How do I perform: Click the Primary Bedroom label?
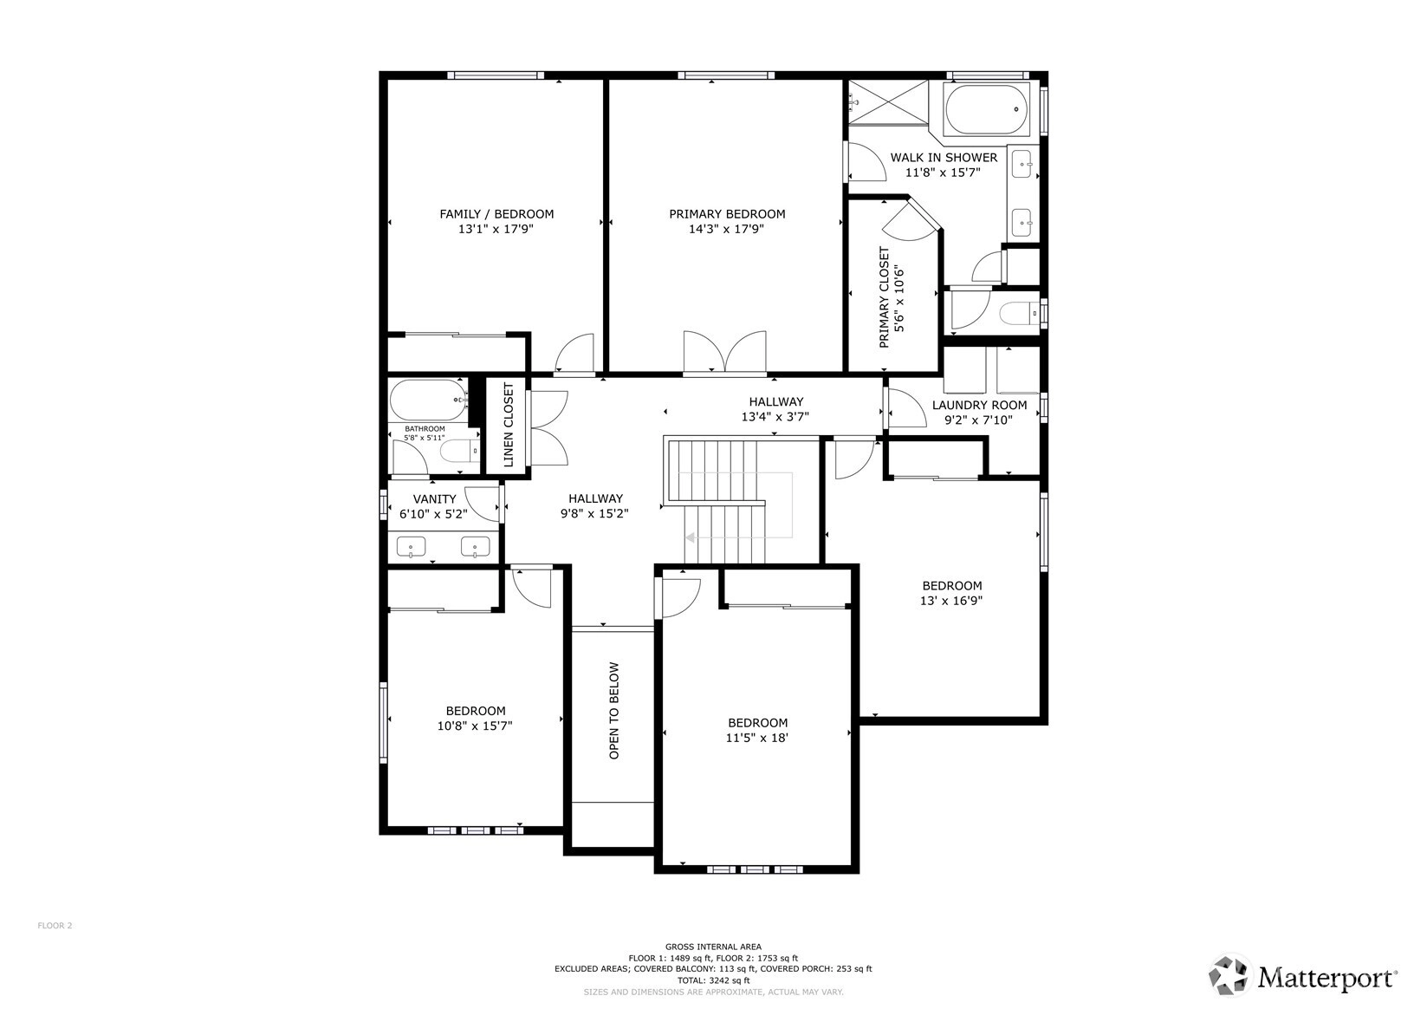point(727,214)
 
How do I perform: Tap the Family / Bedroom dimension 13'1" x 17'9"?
point(496,229)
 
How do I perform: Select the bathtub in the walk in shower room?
point(987,109)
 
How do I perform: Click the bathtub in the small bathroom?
point(428,400)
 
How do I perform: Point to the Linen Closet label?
point(509,425)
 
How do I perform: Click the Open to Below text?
point(614,711)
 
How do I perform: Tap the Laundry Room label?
point(979,405)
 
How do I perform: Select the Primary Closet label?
point(885,297)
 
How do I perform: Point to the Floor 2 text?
point(55,926)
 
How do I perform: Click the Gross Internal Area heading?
point(714,947)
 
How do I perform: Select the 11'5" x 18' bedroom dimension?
point(757,738)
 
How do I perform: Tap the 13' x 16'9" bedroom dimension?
point(951,601)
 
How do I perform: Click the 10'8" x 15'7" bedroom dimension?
point(475,726)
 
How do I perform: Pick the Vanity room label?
point(434,499)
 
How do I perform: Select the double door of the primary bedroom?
point(725,351)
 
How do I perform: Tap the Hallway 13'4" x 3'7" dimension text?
point(775,417)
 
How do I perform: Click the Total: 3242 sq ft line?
point(714,980)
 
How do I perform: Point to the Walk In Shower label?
point(944,158)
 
